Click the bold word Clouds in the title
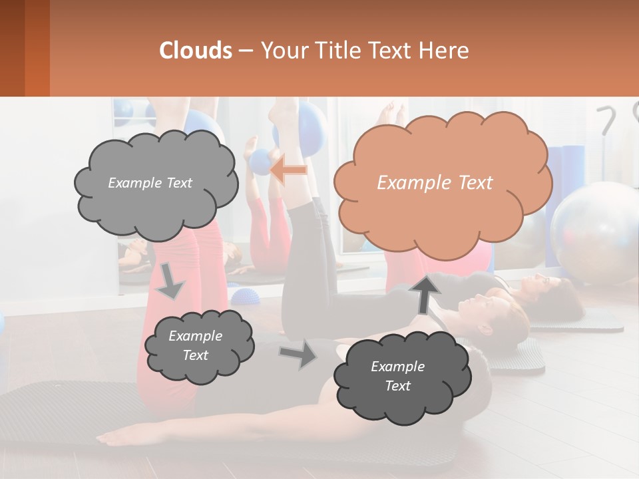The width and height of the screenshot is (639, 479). coord(196,51)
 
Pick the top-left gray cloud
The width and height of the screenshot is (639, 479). coord(156,183)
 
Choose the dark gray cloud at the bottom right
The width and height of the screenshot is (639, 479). coord(401,377)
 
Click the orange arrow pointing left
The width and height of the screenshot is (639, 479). coord(288,170)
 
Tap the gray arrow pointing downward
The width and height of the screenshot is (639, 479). coord(170,281)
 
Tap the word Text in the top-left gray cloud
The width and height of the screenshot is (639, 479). coord(178,183)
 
